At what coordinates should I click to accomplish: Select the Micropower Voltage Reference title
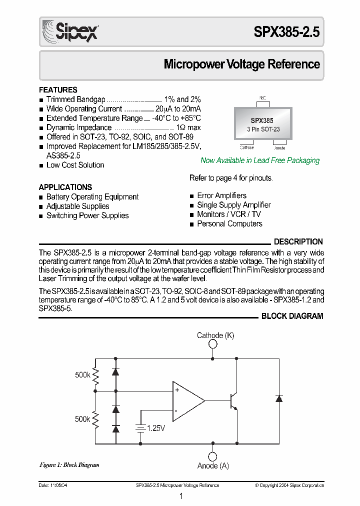point(242,64)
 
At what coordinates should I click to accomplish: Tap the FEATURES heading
point(58,90)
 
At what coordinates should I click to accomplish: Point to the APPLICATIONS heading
point(65,187)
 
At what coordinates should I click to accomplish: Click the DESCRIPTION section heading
point(298,241)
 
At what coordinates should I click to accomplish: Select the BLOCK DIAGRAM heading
point(292,316)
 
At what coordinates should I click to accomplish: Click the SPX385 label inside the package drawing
point(262,120)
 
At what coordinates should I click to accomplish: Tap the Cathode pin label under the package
point(247,147)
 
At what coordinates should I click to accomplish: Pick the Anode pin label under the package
point(279,147)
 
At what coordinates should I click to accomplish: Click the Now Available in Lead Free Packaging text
point(259,160)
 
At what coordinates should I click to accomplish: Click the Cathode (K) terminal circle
point(213,344)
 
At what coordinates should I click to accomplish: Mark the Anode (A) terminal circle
point(213,456)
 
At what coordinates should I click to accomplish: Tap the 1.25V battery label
point(156,428)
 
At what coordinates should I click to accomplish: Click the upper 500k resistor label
point(82,374)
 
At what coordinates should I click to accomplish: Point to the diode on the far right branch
point(279,398)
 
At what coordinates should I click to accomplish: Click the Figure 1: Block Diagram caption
point(69,465)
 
